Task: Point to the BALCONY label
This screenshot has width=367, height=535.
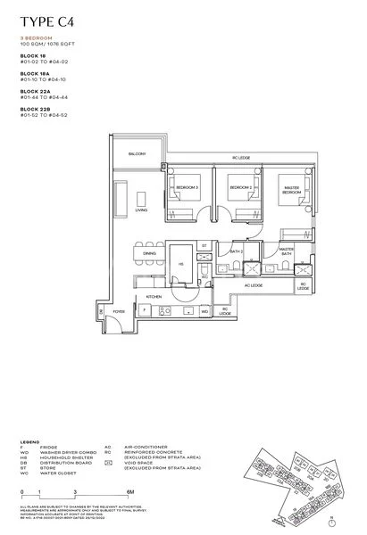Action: (137, 154)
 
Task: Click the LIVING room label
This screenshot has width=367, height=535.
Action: (141, 210)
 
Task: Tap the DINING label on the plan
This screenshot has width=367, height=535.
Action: (148, 254)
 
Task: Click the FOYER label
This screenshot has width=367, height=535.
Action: (118, 311)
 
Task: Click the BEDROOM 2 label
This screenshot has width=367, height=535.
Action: (237, 188)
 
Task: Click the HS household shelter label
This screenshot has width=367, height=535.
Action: (181, 264)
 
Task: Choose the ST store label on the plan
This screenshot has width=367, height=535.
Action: (204, 244)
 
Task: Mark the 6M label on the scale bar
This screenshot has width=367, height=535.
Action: (129, 491)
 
